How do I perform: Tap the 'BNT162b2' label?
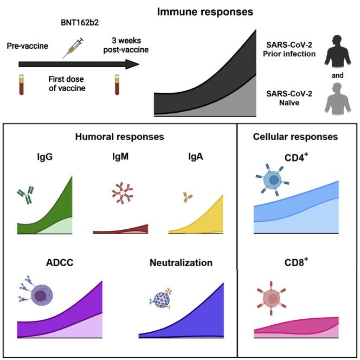click(74, 24)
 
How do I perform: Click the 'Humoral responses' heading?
click(119, 137)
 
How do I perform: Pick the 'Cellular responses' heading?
click(295, 137)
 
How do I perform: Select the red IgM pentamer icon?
click(121, 192)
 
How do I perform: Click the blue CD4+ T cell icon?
click(274, 182)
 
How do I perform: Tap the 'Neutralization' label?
click(181, 263)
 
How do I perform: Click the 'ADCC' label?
click(60, 263)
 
